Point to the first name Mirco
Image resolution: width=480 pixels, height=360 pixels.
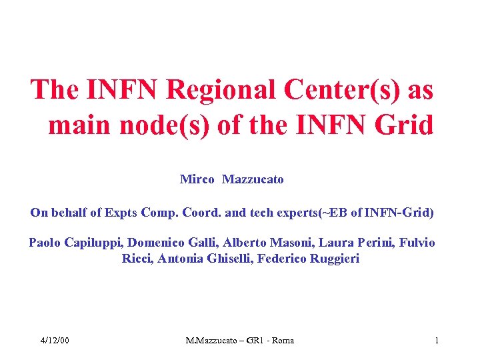(197, 179)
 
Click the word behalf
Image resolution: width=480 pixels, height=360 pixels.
(67, 213)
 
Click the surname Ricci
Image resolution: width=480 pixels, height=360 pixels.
(137, 259)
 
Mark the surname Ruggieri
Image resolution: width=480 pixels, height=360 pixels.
(335, 259)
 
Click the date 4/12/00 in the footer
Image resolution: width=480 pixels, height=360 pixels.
(54, 341)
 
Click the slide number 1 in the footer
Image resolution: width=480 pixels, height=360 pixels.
(437, 341)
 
